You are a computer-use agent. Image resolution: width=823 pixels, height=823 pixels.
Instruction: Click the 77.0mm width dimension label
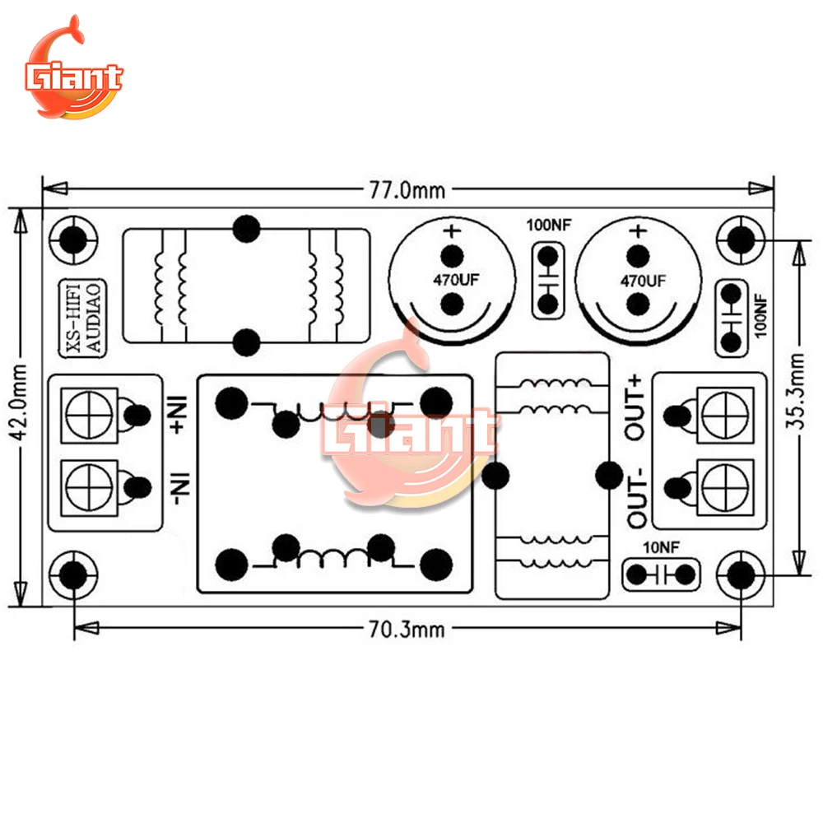(x=406, y=191)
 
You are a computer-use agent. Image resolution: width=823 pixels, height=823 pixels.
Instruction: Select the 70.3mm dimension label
(x=406, y=630)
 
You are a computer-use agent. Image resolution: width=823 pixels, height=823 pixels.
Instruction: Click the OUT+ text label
(x=635, y=407)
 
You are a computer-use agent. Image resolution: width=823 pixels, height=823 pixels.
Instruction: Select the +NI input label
(x=180, y=416)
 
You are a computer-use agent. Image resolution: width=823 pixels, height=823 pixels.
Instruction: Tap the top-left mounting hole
(x=73, y=240)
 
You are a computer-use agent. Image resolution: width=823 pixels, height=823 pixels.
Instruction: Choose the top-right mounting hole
(x=741, y=239)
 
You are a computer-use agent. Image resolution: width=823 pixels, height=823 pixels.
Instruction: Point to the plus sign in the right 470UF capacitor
(x=636, y=230)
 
